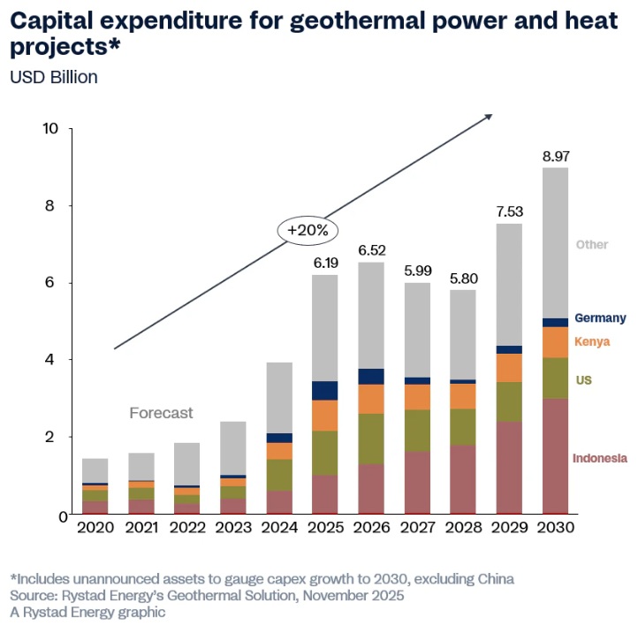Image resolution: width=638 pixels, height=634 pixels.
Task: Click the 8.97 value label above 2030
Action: pos(556,157)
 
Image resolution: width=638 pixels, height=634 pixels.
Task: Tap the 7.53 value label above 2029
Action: pos(508,212)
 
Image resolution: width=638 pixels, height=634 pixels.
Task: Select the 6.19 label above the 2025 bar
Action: pos(324,264)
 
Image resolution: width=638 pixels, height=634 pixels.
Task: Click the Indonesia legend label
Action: pos(600,458)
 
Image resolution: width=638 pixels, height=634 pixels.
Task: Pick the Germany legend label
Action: pos(600,318)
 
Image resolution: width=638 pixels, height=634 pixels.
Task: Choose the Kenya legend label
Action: pos(592,342)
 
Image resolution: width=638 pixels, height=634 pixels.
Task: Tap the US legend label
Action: pos(583,380)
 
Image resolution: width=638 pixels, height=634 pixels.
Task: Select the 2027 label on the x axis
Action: pos(417,527)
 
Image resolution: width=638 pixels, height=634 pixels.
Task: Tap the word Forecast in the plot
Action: pos(161,413)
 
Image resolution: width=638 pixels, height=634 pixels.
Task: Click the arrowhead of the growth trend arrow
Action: pos(489,116)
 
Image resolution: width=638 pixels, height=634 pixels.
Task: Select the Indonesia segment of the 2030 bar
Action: pos(556,455)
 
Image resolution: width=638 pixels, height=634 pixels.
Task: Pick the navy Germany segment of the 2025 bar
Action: pos(325,391)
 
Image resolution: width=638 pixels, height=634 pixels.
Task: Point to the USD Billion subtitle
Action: pos(54,77)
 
